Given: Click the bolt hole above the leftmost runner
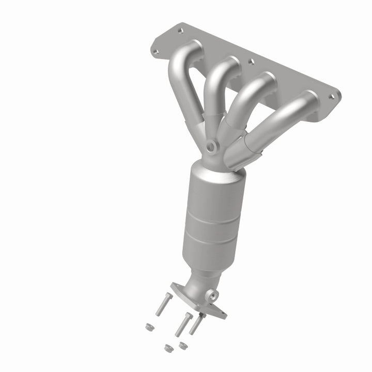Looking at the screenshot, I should pos(180,30).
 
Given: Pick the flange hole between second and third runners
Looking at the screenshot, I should pos(251,62).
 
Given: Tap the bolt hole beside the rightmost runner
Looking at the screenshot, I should pos(334,96).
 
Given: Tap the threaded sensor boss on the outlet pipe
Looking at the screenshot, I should pos(212,296).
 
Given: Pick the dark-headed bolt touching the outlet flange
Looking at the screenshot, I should pos(196,324).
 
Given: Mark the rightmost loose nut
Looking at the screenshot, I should pos(182,344).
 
